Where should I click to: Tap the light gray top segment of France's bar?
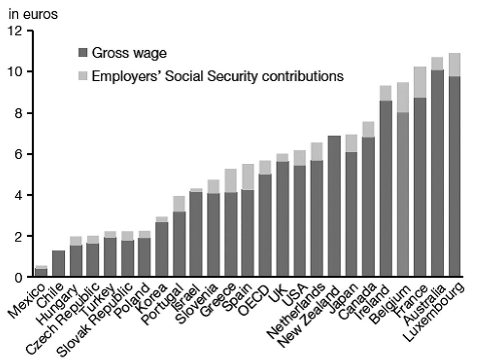(x=420, y=82)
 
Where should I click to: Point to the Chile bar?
(x=58, y=263)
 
